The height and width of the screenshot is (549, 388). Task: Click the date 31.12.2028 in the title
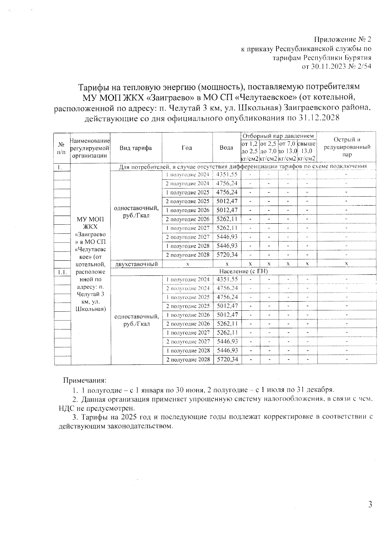(318, 118)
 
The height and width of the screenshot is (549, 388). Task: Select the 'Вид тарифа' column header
(136, 148)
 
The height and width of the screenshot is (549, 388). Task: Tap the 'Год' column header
(187, 148)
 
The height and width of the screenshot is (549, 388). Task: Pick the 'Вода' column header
(226, 148)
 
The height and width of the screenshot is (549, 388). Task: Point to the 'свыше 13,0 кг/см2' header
(307, 151)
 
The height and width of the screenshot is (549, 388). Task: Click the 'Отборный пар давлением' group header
(278, 136)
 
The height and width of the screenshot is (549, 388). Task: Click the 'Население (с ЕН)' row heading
(243, 271)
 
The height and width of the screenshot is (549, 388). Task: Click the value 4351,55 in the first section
(227, 175)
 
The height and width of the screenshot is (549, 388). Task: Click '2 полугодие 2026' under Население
(188, 324)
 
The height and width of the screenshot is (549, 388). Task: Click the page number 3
(370, 504)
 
